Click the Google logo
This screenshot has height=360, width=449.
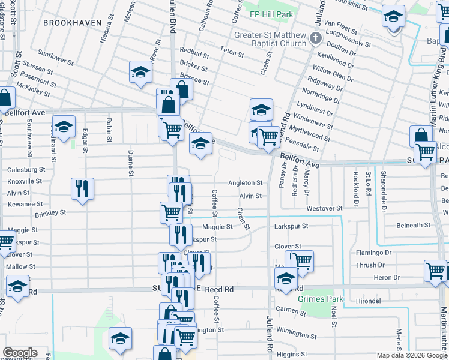click(20, 353)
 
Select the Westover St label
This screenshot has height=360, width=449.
click(324, 208)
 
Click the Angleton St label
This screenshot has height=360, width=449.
click(245, 183)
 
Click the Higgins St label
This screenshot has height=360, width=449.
click(292, 354)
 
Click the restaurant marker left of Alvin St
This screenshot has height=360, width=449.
click(82, 188)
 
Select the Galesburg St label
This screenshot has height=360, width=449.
click(26, 170)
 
